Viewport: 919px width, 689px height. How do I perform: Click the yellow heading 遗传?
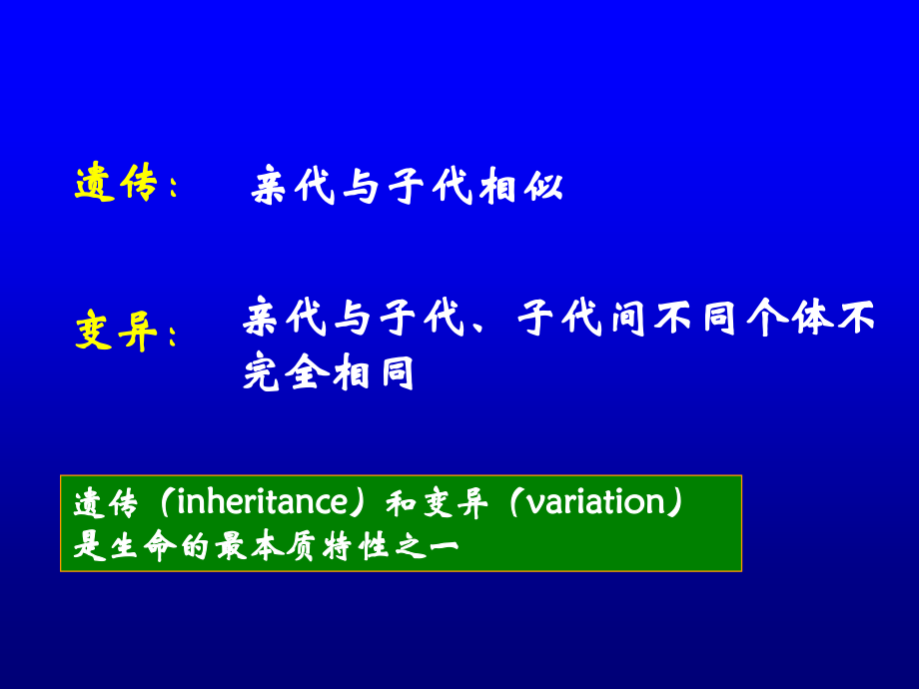point(117,184)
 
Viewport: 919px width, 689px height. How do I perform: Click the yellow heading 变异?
point(117,334)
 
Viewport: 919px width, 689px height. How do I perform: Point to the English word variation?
point(596,502)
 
